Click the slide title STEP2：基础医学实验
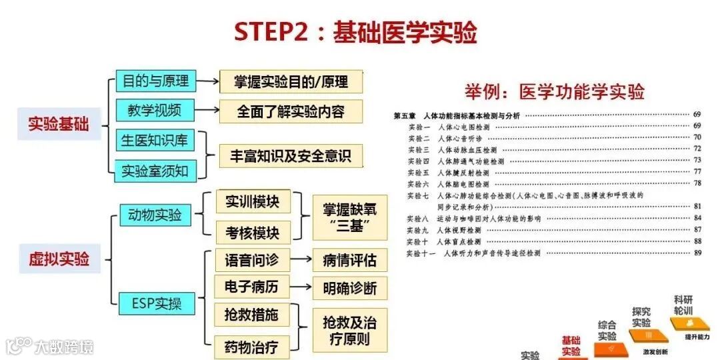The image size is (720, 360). coord(355,31)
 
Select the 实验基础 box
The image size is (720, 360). coord(59,124)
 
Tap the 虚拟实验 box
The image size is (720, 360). coord(59,258)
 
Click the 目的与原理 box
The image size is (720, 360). coord(155,81)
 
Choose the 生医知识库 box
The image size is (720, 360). coord(155,141)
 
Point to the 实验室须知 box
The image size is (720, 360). coord(155,171)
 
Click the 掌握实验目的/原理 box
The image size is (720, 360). coord(291,82)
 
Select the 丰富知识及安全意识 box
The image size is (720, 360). coord(291,156)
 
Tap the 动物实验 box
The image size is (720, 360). coord(155,215)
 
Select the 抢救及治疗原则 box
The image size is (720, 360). coord(349,331)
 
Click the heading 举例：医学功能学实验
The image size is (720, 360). coord(555,91)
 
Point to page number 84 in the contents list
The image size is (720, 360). coord(697,218)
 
